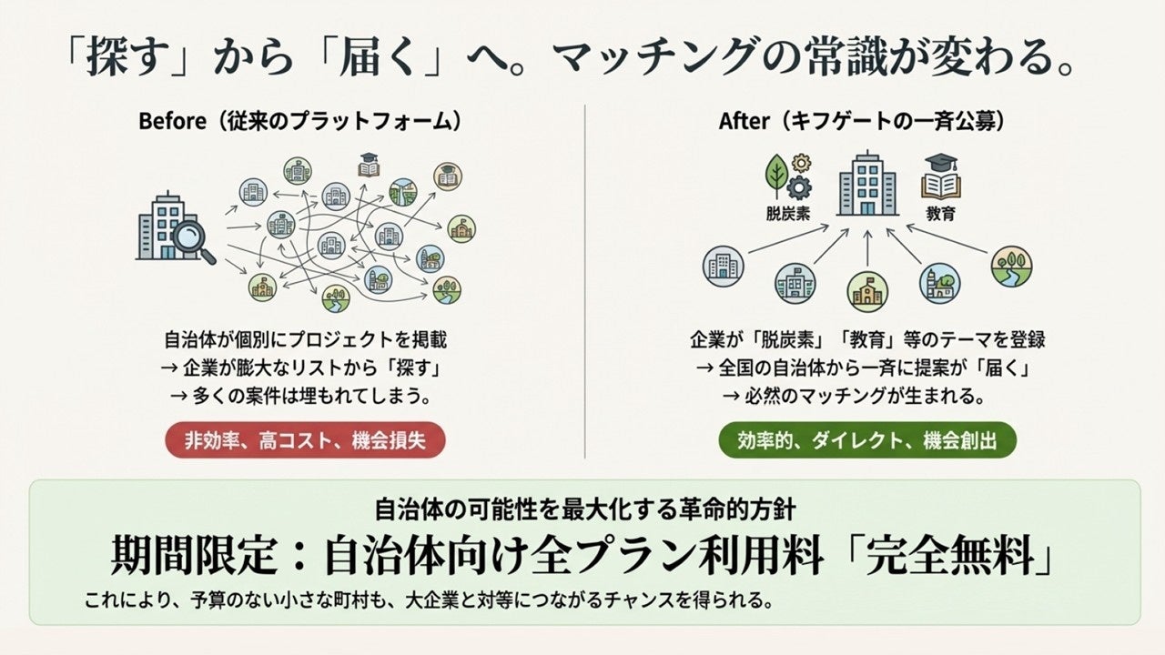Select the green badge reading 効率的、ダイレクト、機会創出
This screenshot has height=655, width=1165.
(867, 441)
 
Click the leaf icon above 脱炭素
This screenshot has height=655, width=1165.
(776, 174)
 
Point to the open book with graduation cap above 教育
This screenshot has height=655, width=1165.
(941, 176)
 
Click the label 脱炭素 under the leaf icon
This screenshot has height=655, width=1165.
(788, 215)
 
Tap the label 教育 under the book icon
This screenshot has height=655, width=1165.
(940, 215)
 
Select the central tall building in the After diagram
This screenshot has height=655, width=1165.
(867, 183)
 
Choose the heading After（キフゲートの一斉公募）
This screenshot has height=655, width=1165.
(867, 121)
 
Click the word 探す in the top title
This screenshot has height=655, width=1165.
(127, 60)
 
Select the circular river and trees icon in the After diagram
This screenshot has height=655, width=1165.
(1011, 267)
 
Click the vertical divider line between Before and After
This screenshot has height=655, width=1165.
(584, 282)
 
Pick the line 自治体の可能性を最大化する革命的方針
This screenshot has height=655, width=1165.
(586, 509)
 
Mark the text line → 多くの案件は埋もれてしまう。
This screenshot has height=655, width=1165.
(308, 396)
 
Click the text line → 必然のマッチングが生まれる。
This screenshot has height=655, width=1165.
(867, 396)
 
